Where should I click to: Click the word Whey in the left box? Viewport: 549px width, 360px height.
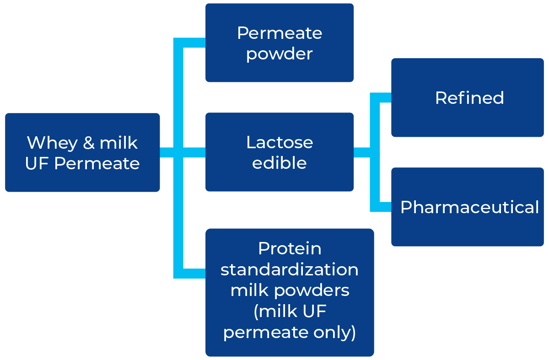pos(52,144)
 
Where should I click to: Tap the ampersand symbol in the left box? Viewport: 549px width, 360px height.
pos(89,143)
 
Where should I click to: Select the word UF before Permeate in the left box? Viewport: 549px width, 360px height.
pos(37,163)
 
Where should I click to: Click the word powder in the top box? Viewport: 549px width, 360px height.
pos(280,54)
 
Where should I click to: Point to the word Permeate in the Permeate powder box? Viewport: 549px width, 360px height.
pos(280,33)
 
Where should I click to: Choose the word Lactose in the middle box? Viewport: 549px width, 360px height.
pos(280,142)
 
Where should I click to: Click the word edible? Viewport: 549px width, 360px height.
pos(280,163)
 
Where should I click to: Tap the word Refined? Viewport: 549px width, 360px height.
pos(469,98)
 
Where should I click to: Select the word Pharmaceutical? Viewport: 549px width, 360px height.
pos(469,207)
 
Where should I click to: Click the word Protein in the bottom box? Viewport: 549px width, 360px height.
pos(290,248)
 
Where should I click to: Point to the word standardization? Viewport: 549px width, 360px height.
pos(290,269)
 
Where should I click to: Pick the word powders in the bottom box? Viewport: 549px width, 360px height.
pos(312,291)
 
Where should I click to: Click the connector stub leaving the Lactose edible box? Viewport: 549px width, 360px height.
pos(362,152)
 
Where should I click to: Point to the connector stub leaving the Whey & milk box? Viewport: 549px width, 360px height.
pos(167,152)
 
